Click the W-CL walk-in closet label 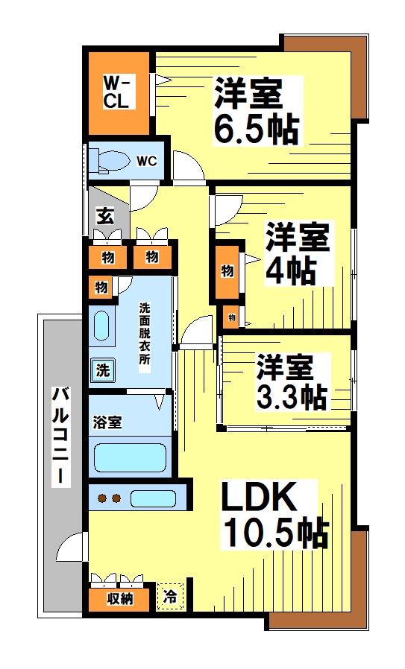click(x=116, y=92)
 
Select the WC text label click(x=146, y=161)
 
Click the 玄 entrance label click(x=105, y=216)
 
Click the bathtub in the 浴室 click(x=130, y=458)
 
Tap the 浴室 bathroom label click(x=107, y=422)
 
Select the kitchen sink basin click(x=153, y=498)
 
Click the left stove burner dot click(x=102, y=498)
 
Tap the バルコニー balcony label click(x=61, y=435)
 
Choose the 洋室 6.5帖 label click(x=256, y=111)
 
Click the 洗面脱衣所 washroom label click(x=145, y=333)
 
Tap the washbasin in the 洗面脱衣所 click(x=101, y=326)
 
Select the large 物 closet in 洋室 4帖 click(x=227, y=272)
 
